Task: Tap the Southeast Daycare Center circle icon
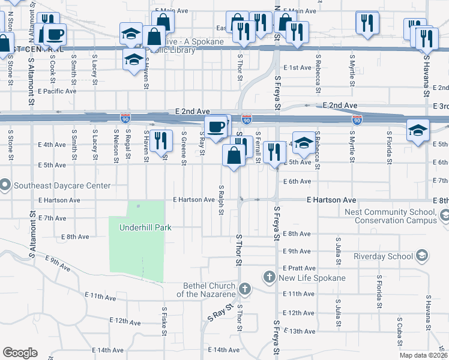5,185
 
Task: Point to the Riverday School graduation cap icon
422,256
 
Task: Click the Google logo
20,352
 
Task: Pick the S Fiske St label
164,320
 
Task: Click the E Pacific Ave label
57,91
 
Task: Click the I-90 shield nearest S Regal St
125,119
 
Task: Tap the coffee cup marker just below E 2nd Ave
216,127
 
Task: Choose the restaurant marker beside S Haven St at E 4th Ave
159,140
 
